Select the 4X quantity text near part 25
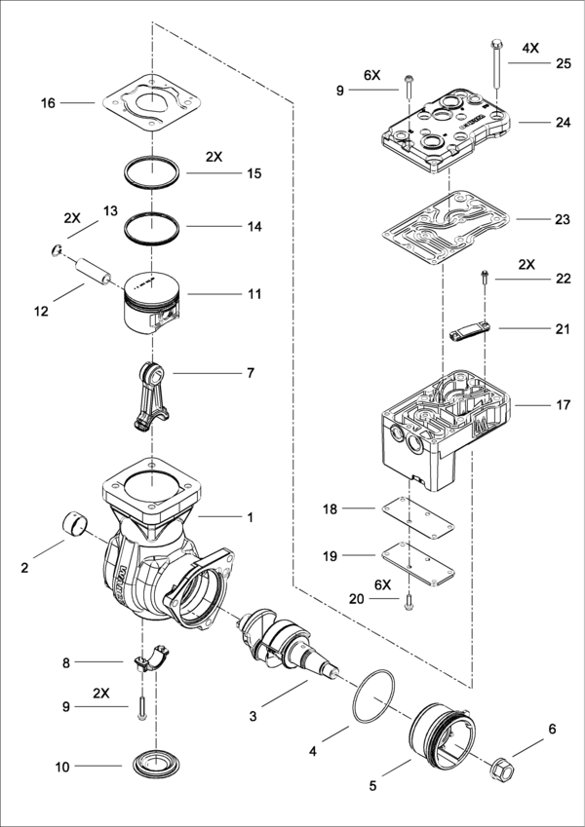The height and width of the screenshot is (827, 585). point(529,48)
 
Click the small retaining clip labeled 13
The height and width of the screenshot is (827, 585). point(58,250)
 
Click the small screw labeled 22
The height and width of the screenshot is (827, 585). point(483,280)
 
